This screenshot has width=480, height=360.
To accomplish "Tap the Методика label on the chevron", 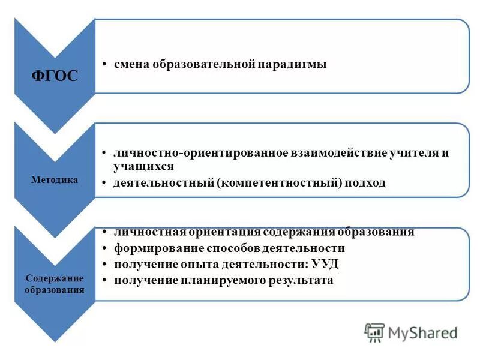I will (x=55, y=179).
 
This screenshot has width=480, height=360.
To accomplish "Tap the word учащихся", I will (x=144, y=166).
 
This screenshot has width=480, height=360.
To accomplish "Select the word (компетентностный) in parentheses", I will (x=282, y=182).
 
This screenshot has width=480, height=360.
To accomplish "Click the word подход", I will (x=365, y=182).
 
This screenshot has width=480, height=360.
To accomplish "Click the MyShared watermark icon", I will (x=375, y=332).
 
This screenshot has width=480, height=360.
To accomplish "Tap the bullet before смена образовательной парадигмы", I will (x=104, y=64).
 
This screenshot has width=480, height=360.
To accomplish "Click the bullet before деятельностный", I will (x=104, y=182).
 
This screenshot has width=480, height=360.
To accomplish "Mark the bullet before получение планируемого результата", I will (x=104, y=280).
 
